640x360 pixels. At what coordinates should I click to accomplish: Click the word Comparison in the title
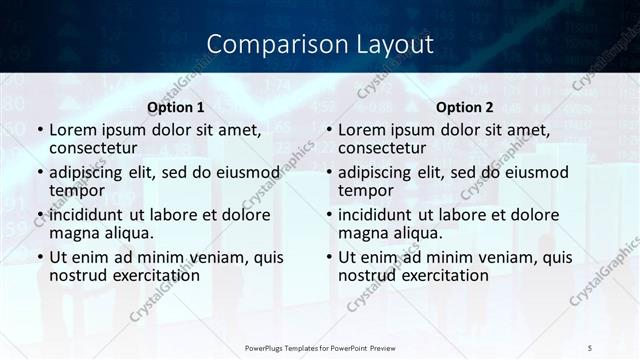pos(267,45)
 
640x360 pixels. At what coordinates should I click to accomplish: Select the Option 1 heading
pos(176,107)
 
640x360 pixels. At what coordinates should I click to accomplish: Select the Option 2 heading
pos(465,107)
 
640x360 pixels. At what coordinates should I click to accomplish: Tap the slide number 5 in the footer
pos(590,347)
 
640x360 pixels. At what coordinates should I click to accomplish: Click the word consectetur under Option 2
pos(381,148)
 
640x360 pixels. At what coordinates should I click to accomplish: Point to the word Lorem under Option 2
pos(362,130)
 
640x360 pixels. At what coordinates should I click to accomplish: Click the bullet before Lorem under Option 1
pos(38,131)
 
